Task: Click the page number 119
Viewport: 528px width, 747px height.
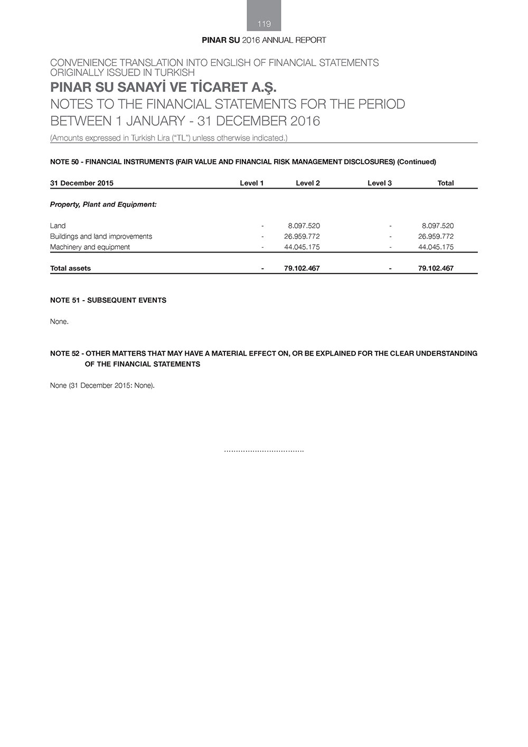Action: click(264, 24)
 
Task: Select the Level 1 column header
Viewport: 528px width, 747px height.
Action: click(251, 183)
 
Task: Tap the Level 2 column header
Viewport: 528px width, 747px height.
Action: click(307, 183)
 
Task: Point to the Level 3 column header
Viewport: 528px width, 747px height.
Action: click(379, 183)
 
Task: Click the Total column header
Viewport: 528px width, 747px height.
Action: click(445, 183)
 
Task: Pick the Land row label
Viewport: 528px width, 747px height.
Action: click(58, 226)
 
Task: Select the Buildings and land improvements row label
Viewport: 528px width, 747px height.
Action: click(101, 236)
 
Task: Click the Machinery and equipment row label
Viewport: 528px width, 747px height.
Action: click(90, 247)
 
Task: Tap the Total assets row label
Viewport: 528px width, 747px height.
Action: click(70, 268)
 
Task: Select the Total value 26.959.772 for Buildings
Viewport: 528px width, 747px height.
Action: click(436, 236)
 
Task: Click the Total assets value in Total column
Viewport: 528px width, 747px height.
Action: click(436, 268)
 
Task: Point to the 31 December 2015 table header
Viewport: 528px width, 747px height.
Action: click(81, 183)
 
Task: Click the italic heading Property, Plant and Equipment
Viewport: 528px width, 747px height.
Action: click(103, 204)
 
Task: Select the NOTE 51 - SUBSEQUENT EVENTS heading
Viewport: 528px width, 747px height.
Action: click(108, 300)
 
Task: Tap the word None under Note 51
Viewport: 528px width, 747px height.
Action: click(59, 321)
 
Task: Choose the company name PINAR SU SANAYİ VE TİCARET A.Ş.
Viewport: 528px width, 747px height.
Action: click(163, 87)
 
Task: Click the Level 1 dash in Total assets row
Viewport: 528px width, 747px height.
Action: click(262, 268)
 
